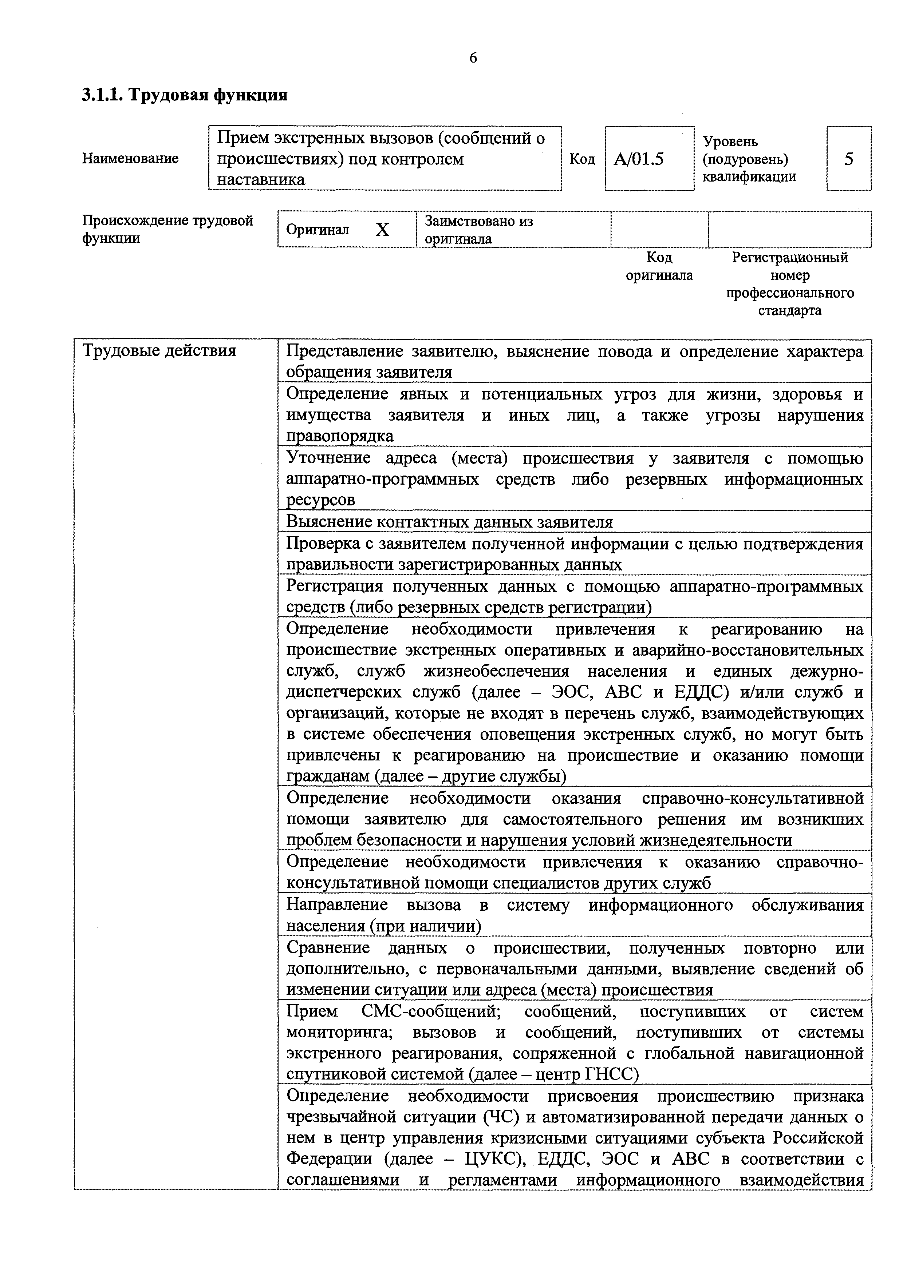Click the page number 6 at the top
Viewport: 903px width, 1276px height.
click(473, 58)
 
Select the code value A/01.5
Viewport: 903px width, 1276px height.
click(639, 159)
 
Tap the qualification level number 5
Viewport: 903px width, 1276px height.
click(848, 159)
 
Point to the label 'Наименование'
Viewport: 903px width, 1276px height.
click(130, 158)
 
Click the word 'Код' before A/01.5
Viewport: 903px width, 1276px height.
click(582, 159)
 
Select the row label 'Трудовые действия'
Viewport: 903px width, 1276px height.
click(159, 351)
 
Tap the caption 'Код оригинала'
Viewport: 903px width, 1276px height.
click(659, 266)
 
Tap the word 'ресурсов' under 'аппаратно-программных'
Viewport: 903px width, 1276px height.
click(320, 500)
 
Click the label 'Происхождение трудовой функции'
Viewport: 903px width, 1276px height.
click(167, 229)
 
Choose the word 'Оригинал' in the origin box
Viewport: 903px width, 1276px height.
click(318, 230)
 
